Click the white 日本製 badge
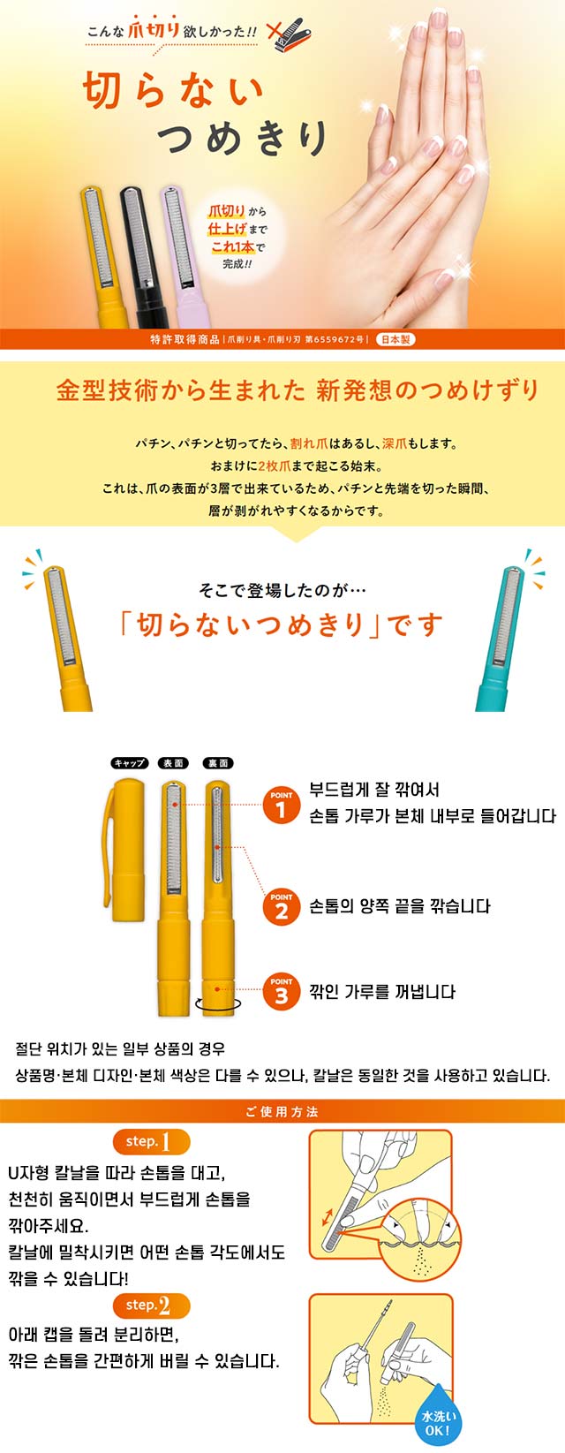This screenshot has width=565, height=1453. tap(395, 339)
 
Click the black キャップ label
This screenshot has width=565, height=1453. tap(129, 763)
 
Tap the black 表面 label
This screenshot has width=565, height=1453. tap(173, 763)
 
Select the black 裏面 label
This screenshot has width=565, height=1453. tap(218, 763)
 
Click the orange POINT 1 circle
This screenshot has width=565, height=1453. tap(281, 805)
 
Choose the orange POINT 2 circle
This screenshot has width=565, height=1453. tap(281, 907)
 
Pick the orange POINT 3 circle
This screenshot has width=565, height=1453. tap(281, 991)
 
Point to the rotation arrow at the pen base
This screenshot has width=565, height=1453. tap(218, 1004)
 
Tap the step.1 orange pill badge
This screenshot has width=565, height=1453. tap(151, 1141)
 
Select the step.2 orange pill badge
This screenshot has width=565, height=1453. tap(151, 1305)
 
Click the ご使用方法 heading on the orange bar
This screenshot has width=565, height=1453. tap(282, 1112)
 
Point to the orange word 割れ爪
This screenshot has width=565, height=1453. tap(310, 443)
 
